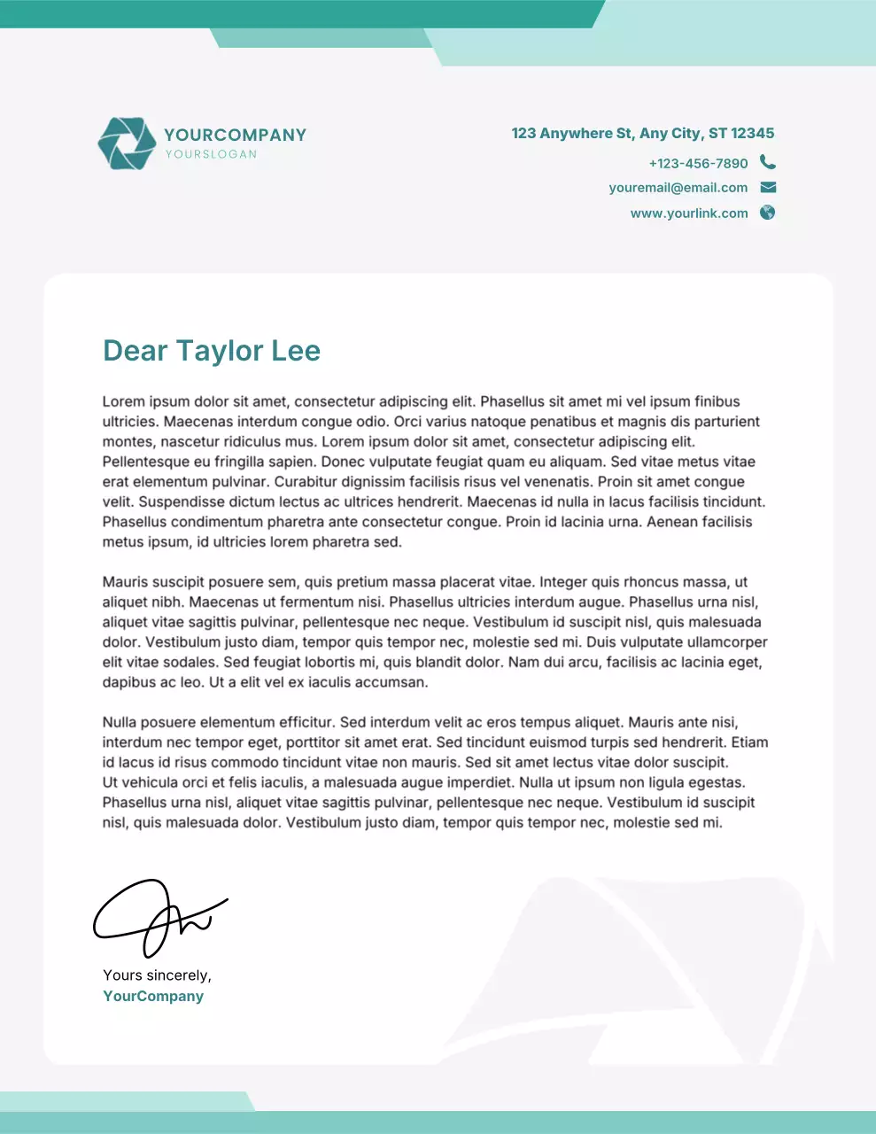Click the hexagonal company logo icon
coord(126,143)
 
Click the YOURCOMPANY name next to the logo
coord(235,135)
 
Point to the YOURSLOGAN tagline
coord(211,154)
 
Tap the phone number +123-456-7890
coord(698,163)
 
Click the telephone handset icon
coord(768,162)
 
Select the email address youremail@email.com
coord(678,188)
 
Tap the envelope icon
coord(768,187)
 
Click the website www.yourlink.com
coord(688,214)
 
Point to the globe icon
coord(768,213)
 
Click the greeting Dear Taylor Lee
coord(211,351)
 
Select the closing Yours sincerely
coord(157,975)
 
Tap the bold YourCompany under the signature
coord(153,996)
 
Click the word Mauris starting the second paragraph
coord(125,582)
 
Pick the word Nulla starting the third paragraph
coord(120,722)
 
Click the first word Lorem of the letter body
coord(122,401)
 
